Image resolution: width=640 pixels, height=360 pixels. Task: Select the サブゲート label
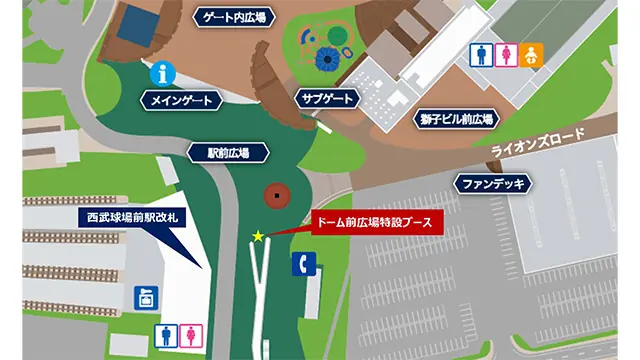click(x=326, y=98)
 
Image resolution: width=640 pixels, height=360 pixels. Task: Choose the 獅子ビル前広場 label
click(x=455, y=119)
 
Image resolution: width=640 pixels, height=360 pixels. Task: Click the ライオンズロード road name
click(x=540, y=148)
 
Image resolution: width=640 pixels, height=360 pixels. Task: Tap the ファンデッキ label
click(x=493, y=183)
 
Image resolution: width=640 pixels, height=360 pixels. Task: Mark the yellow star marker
click(x=258, y=236)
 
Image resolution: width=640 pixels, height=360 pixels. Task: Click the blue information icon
click(x=158, y=74)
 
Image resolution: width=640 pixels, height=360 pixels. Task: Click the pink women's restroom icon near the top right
click(x=507, y=52)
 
